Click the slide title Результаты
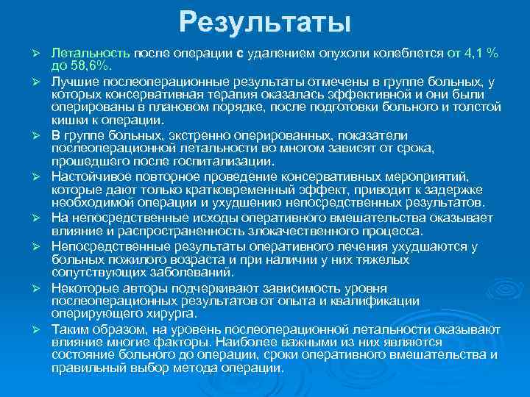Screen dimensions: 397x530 265,21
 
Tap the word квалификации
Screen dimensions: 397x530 375,300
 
